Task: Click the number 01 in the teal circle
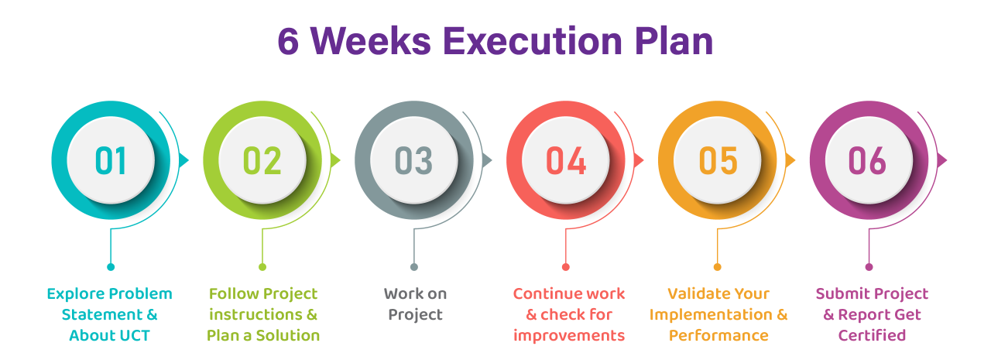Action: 111,160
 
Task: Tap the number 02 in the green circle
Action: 262,160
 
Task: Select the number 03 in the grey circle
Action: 413,160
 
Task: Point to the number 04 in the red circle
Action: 566,160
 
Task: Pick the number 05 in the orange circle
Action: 718,160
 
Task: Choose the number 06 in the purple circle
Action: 867,160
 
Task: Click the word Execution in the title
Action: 533,41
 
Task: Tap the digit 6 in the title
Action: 288,41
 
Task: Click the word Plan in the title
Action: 674,41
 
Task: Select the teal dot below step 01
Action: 111,266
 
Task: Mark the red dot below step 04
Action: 565,266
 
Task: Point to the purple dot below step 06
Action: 869,266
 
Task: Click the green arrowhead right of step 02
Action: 335,160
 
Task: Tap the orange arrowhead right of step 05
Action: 790,160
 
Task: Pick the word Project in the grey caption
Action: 415,315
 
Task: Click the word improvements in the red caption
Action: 569,336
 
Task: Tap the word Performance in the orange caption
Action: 718,336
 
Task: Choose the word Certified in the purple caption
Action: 872,336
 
